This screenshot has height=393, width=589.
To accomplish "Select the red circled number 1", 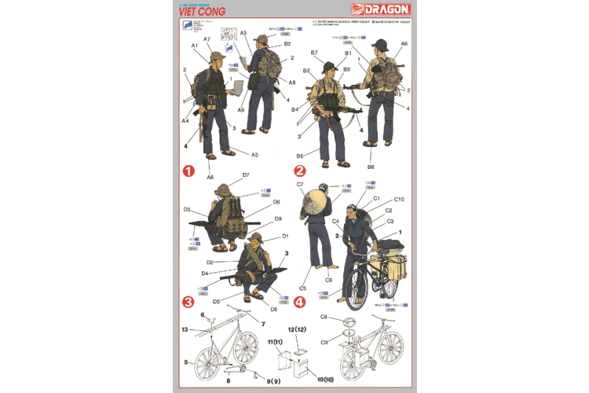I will [x=190, y=170].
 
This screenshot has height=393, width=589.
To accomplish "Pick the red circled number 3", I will [x=189, y=302].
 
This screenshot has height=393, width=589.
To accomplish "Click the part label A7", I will [x=207, y=39].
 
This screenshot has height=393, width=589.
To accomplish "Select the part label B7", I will [x=313, y=53].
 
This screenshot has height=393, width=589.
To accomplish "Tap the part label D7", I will [x=246, y=174].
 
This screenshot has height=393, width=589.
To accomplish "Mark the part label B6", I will [x=370, y=167].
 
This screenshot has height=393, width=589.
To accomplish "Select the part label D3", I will [x=187, y=210].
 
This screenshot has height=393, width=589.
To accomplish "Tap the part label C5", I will [x=302, y=288].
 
